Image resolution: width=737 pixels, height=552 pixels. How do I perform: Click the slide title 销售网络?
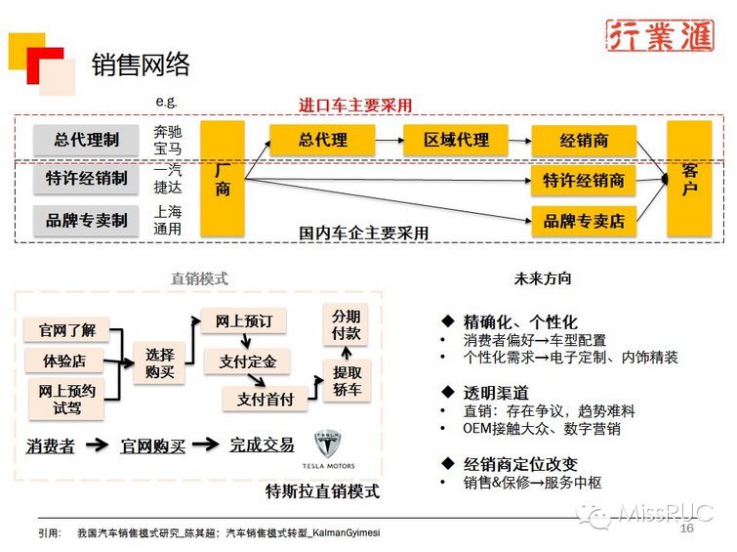(x=141, y=64)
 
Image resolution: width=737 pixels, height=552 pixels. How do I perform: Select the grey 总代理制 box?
(x=87, y=140)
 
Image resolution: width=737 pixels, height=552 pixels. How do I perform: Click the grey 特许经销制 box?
(x=87, y=179)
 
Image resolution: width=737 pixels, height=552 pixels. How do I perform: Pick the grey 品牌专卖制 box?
(x=87, y=220)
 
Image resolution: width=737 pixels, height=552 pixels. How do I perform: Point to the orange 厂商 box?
(x=223, y=179)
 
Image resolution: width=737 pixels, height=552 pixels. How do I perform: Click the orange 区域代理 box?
(x=457, y=140)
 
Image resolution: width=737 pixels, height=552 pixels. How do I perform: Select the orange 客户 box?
(x=689, y=179)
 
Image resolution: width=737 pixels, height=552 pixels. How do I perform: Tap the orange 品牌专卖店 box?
(x=584, y=221)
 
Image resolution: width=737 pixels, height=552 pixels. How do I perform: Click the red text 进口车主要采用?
(x=355, y=105)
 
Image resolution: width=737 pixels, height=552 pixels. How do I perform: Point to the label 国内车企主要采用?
(x=363, y=234)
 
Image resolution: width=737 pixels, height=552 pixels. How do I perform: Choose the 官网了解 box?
(x=62, y=328)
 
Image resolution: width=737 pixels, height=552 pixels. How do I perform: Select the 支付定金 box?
(x=247, y=361)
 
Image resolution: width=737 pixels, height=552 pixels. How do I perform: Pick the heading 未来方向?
(x=543, y=278)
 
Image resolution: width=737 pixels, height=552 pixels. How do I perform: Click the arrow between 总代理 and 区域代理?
(x=376, y=140)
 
